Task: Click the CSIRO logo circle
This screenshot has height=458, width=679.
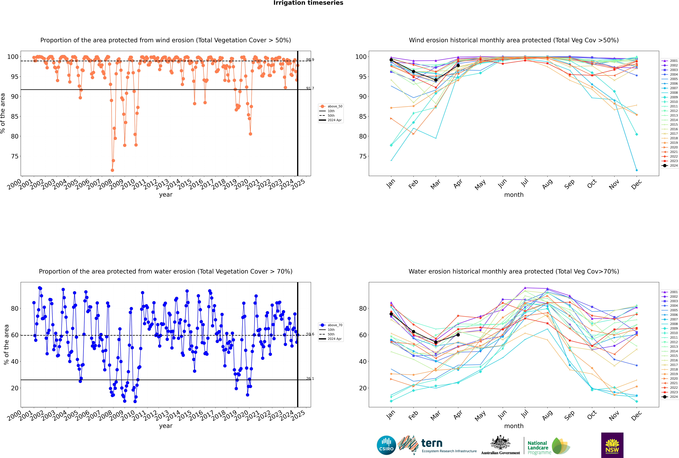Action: [386, 445]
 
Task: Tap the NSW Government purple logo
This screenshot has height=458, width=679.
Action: [612, 445]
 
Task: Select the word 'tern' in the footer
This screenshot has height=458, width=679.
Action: [432, 443]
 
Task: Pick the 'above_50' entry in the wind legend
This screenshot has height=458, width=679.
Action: [335, 106]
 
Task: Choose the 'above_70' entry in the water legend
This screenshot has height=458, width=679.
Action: [335, 325]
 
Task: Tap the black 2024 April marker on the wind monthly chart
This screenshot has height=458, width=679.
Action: [458, 65]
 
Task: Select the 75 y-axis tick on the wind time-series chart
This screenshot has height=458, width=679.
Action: [15, 156]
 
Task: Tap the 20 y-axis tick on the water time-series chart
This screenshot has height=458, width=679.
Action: [15, 388]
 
